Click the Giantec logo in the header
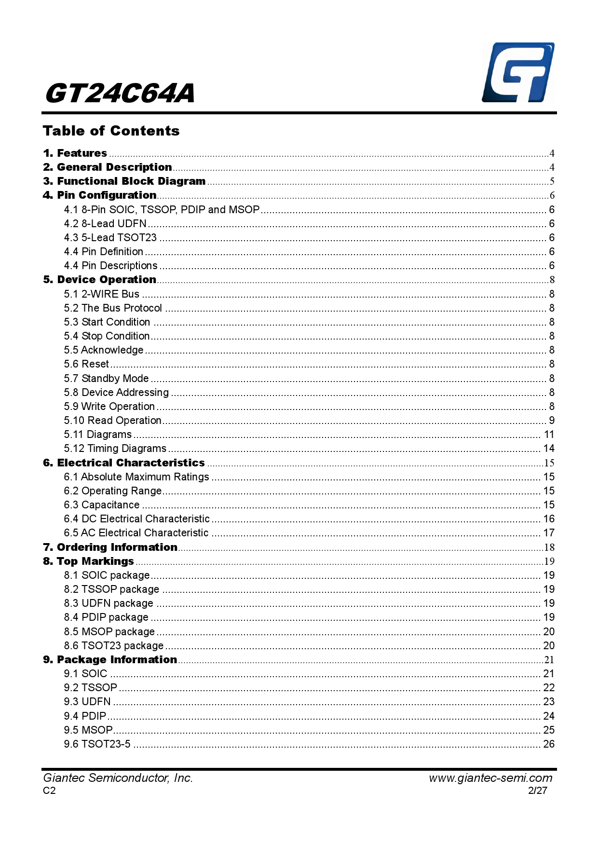518,72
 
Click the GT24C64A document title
120,93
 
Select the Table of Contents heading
111,131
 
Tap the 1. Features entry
75,153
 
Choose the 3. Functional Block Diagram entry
124,181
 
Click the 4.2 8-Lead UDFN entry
105,224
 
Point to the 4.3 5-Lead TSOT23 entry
110,238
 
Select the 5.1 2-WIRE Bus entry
102,294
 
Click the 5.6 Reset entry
87,364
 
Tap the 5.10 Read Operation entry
113,421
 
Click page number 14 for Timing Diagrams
549,449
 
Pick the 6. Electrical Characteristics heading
124,463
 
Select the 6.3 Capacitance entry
102,505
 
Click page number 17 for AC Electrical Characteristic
549,533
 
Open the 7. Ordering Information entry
110,547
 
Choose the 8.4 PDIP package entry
106,617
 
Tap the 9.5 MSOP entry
88,730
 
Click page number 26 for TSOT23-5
549,744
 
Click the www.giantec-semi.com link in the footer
490,778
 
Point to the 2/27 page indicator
538,791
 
